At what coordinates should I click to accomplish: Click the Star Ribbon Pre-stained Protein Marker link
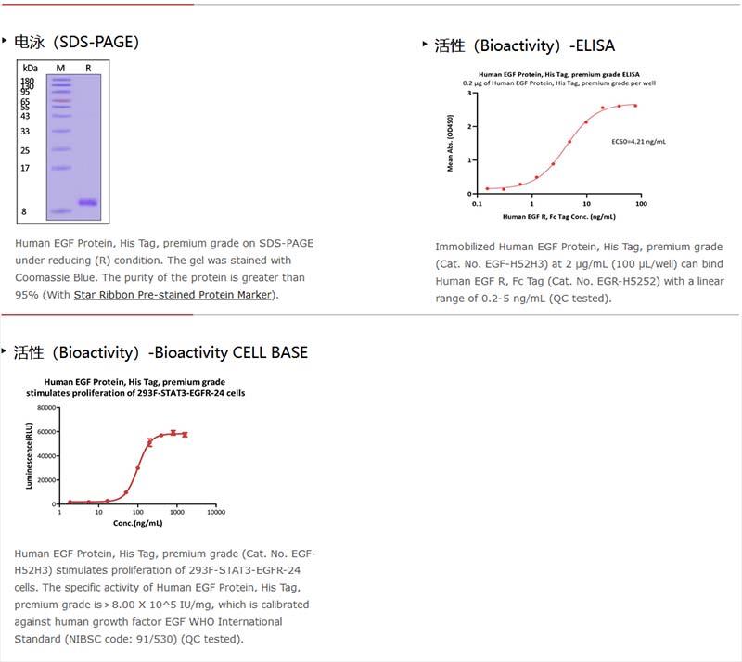click(x=173, y=295)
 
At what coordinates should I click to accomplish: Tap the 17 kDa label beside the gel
click(x=25, y=168)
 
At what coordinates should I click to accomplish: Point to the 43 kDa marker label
click(x=25, y=116)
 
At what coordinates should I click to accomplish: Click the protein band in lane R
click(x=87, y=202)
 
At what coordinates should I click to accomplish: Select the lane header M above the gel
click(x=60, y=69)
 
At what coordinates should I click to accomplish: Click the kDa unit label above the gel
click(x=30, y=69)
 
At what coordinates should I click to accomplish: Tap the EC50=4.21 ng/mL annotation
click(x=638, y=142)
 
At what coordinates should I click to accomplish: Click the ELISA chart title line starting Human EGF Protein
click(x=558, y=74)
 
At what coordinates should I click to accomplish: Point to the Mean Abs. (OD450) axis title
click(x=452, y=144)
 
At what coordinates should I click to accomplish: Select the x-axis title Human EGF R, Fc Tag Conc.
click(x=558, y=216)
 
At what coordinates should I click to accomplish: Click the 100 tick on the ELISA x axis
click(x=639, y=202)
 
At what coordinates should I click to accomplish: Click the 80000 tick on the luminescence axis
click(x=45, y=408)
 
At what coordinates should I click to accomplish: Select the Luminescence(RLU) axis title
click(x=30, y=455)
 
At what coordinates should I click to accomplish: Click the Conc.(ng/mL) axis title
click(x=135, y=521)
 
